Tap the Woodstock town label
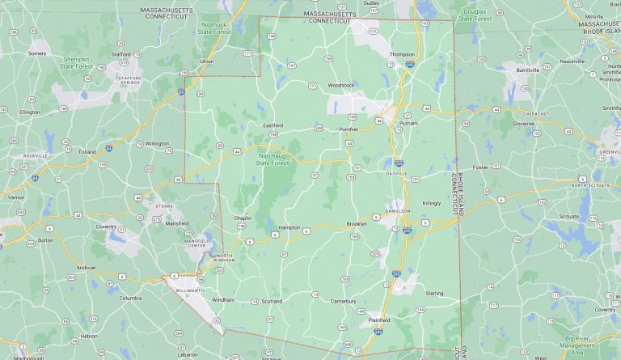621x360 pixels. click(x=340, y=85)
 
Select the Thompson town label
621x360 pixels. click(x=401, y=54)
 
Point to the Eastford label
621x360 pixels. click(x=273, y=125)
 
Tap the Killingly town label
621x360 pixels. click(x=431, y=203)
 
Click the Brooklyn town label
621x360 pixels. click(x=357, y=224)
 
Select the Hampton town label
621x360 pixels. click(x=289, y=227)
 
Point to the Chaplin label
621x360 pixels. click(x=243, y=218)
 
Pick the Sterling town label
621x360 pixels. click(x=434, y=294)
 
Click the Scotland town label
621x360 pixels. click(x=272, y=302)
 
